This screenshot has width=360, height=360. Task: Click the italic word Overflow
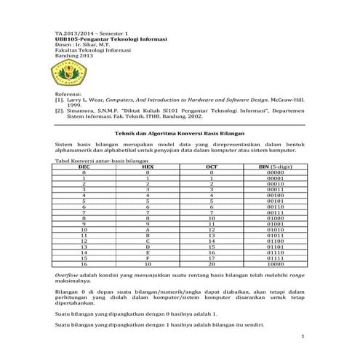67,276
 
